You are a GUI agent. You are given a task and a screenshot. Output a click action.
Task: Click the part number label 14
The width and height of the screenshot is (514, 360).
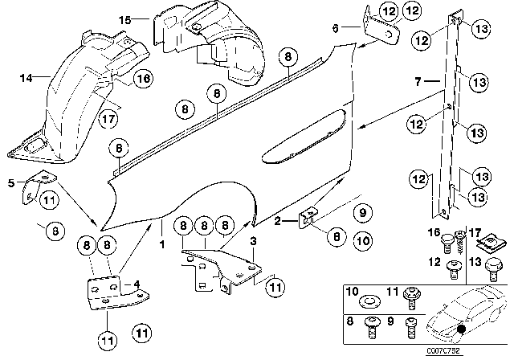24,78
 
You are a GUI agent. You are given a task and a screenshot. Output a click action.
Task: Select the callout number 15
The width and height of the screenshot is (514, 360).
123,18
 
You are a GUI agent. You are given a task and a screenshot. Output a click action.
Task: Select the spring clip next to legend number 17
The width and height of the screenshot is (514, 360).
485,239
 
